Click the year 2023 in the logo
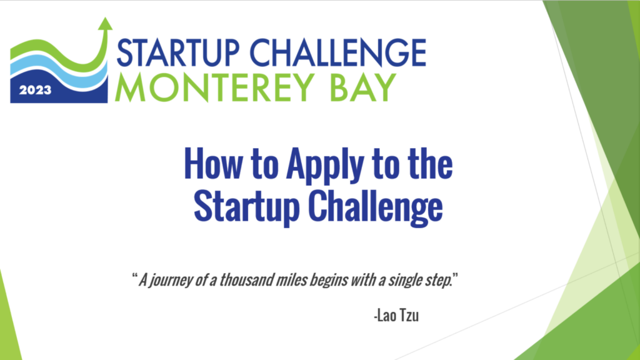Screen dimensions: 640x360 (x=35, y=90)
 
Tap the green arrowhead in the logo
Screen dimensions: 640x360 (x=105, y=24)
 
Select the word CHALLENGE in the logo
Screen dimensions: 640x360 (x=338, y=52)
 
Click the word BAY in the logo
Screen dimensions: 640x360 (x=363, y=87)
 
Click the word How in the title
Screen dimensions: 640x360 (x=213, y=164)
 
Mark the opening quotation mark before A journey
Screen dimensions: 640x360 (x=134, y=276)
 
